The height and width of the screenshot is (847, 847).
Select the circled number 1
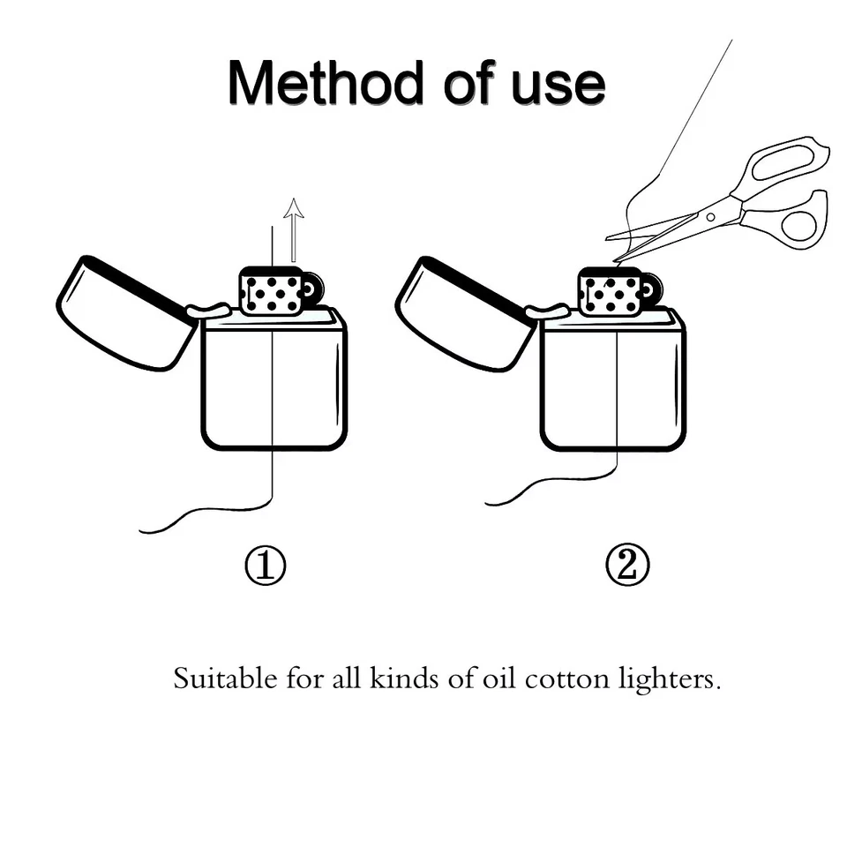point(265,565)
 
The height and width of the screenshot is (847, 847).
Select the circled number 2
point(627,565)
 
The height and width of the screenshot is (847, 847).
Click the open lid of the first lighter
point(124,313)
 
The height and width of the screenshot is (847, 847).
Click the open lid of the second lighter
point(462,313)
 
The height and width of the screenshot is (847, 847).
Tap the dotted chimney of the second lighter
point(609,291)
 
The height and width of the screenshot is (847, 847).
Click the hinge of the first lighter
point(209,311)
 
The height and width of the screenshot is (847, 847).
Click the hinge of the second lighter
point(548,311)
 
